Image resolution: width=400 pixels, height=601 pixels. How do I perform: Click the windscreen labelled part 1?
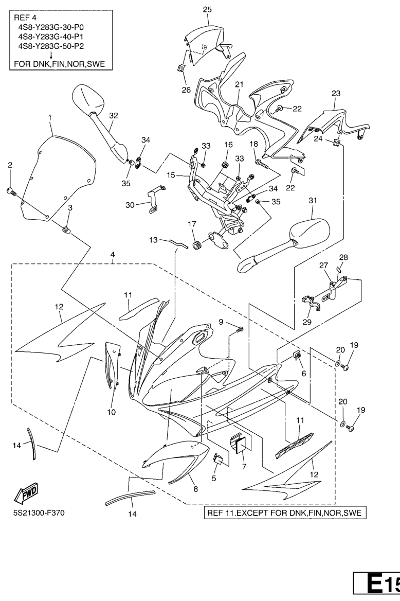tap(59, 175)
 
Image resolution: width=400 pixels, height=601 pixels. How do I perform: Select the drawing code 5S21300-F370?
tap(39, 513)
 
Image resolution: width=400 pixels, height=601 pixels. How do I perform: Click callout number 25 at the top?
tap(207, 9)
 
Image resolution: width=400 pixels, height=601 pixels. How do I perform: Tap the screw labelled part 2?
tap(11, 191)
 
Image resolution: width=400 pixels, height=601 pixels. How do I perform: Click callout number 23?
tap(336, 94)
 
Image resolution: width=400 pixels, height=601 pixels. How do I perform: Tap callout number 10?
tap(112, 412)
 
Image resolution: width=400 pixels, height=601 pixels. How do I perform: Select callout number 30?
tap(130, 205)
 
